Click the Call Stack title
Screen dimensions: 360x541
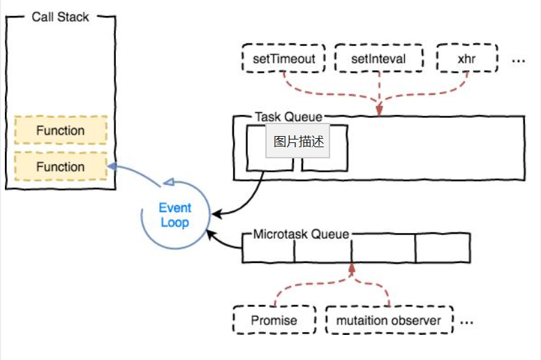(61, 17)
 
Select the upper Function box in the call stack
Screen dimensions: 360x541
(61, 130)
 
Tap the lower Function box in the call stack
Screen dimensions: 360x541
(61, 167)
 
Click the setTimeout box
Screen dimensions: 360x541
(283, 59)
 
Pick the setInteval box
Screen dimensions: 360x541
(378, 59)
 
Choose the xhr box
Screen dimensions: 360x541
(466, 59)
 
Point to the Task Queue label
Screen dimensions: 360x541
(288, 118)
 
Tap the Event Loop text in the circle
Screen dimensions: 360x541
(175, 215)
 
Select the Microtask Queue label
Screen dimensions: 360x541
(301, 234)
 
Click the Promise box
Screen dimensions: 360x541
(274, 321)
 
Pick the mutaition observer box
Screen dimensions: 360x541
(389, 321)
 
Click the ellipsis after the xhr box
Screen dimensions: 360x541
(518, 60)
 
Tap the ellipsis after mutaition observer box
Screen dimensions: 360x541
(467, 322)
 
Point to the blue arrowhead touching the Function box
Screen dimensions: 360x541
(111, 166)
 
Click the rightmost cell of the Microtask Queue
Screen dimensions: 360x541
(443, 248)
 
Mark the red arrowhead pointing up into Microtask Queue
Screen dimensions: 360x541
(352, 267)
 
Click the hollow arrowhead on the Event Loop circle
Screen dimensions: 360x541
(169, 183)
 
